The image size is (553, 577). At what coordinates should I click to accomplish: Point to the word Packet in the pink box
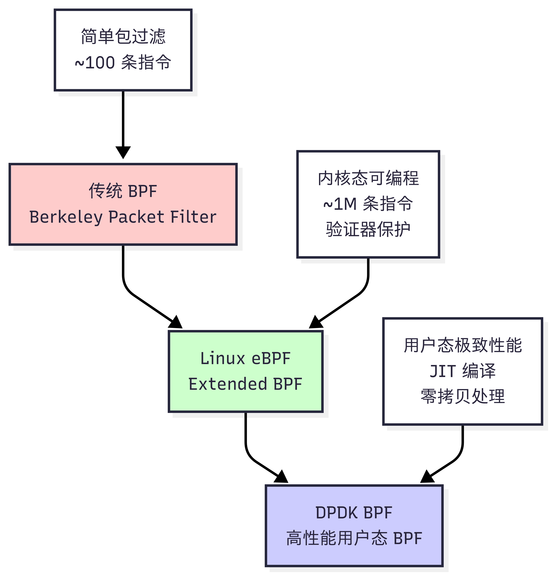(136, 217)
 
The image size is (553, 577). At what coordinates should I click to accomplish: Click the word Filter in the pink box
(193, 217)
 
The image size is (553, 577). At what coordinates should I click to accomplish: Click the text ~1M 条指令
(368, 204)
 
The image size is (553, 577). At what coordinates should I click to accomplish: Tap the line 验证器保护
(368, 229)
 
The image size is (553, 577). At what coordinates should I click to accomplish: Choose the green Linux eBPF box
(246, 371)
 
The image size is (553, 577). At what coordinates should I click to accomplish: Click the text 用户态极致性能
(463, 345)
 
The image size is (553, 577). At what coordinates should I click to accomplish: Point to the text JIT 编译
(463, 371)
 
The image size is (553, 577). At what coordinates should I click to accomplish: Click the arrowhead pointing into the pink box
(123, 152)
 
